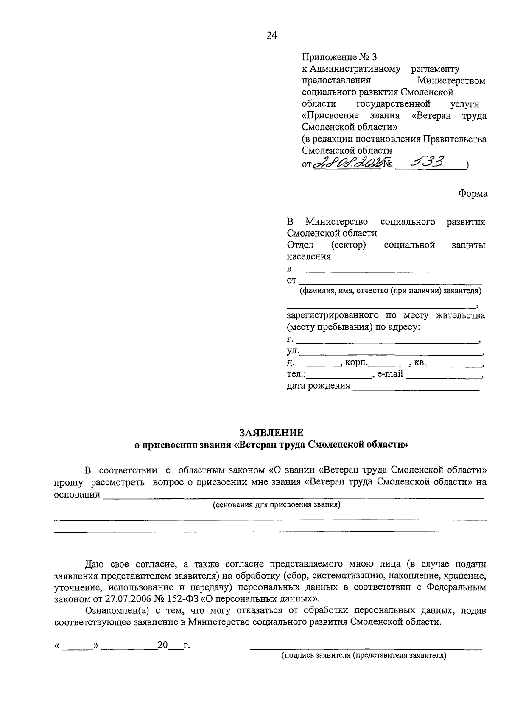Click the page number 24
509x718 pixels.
[x=271, y=36]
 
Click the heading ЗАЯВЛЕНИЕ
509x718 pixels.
[x=271, y=433]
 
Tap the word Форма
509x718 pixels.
[x=473, y=194]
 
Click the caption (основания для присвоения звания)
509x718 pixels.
[x=277, y=505]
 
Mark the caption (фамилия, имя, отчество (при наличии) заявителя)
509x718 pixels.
[x=390, y=291]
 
